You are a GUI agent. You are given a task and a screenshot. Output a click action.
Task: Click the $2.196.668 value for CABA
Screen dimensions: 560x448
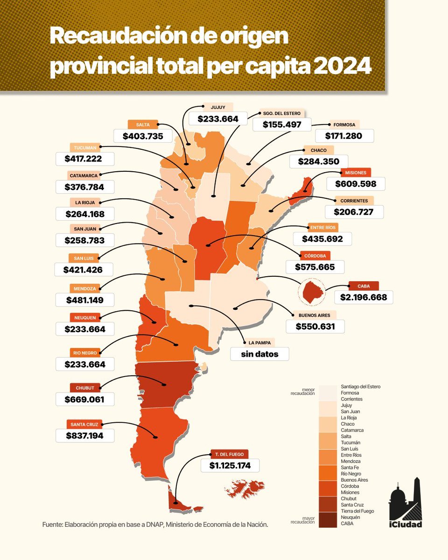tap(364, 297)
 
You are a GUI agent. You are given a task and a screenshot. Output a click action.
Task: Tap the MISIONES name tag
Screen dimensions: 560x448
tap(356, 173)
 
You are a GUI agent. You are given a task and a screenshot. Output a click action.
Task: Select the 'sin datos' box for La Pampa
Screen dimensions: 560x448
tap(259, 354)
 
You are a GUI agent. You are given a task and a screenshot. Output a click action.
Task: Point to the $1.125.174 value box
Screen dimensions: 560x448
tap(230, 465)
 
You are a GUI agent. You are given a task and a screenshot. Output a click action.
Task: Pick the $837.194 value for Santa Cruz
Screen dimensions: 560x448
tap(85, 435)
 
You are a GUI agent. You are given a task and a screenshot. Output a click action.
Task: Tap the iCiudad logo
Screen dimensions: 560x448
tap(406, 504)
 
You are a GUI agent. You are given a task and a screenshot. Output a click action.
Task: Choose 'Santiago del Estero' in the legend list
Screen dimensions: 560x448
tap(361, 387)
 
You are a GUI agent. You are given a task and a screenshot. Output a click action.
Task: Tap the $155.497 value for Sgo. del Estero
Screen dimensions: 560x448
tap(282, 125)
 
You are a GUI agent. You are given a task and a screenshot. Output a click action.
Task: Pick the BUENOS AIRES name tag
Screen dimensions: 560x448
tap(315, 315)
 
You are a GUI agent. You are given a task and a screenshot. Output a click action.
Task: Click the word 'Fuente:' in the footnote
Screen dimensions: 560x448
tap(55, 525)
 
